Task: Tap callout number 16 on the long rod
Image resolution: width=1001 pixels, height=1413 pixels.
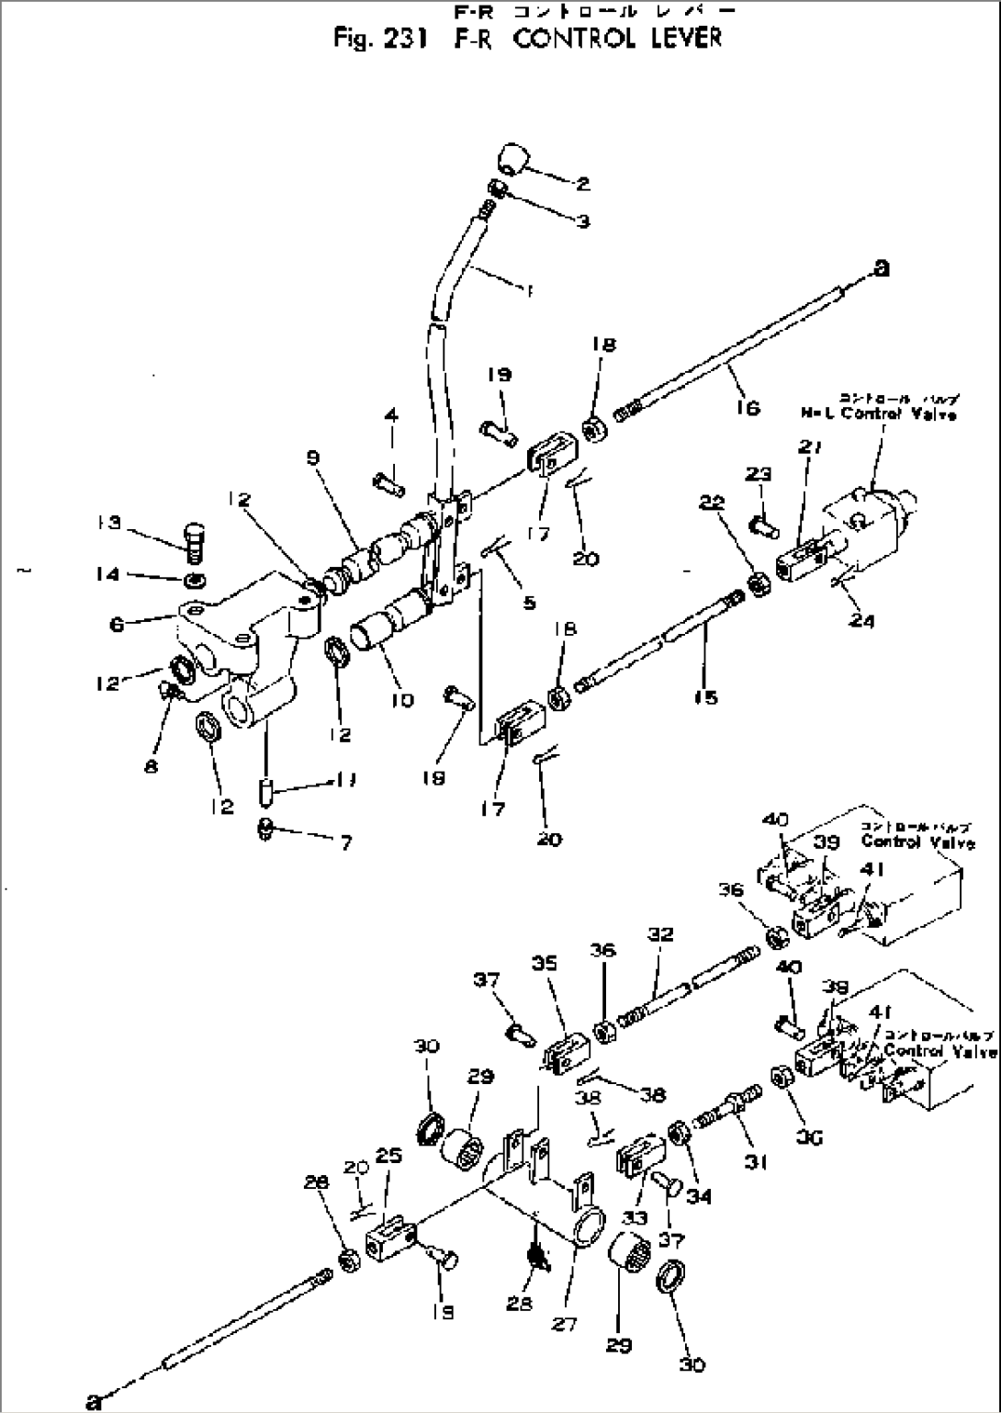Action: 748,405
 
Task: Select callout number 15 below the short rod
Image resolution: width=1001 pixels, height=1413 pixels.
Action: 705,696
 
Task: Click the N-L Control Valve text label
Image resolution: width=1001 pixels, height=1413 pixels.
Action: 877,413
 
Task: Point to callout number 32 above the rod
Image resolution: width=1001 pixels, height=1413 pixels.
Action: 660,934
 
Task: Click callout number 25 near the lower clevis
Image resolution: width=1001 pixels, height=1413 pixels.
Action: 388,1155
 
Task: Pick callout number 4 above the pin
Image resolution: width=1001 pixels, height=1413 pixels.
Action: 392,415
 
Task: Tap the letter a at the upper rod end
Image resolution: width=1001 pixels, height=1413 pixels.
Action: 882,268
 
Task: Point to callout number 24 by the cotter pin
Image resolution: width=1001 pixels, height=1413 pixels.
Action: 860,620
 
